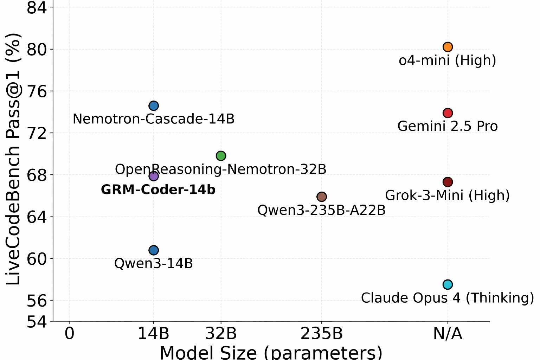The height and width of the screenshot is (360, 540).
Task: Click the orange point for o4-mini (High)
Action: [448, 47]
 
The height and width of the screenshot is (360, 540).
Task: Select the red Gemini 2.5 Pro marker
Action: [448, 113]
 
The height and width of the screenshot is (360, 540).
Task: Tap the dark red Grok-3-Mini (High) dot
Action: [448, 182]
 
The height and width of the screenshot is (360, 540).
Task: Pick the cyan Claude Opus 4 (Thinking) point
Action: [448, 284]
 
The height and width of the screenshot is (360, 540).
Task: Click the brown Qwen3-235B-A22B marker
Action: [322, 197]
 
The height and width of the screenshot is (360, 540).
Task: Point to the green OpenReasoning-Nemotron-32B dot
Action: [221, 156]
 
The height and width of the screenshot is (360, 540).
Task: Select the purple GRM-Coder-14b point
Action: [154, 176]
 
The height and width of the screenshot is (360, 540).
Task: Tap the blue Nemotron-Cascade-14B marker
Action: [154, 105]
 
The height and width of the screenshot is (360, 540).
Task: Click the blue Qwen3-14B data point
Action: [154, 250]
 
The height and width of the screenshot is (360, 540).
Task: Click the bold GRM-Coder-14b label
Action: [158, 190]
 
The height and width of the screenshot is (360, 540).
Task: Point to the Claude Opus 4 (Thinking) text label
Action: [448, 298]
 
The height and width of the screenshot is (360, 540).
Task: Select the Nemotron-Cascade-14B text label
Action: [154, 119]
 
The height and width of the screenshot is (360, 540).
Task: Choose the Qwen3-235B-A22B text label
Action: [322, 210]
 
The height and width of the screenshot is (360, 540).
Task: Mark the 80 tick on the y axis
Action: [37, 50]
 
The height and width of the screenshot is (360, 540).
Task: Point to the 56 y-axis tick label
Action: [37, 301]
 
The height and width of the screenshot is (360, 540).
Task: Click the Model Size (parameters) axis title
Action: [271, 352]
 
